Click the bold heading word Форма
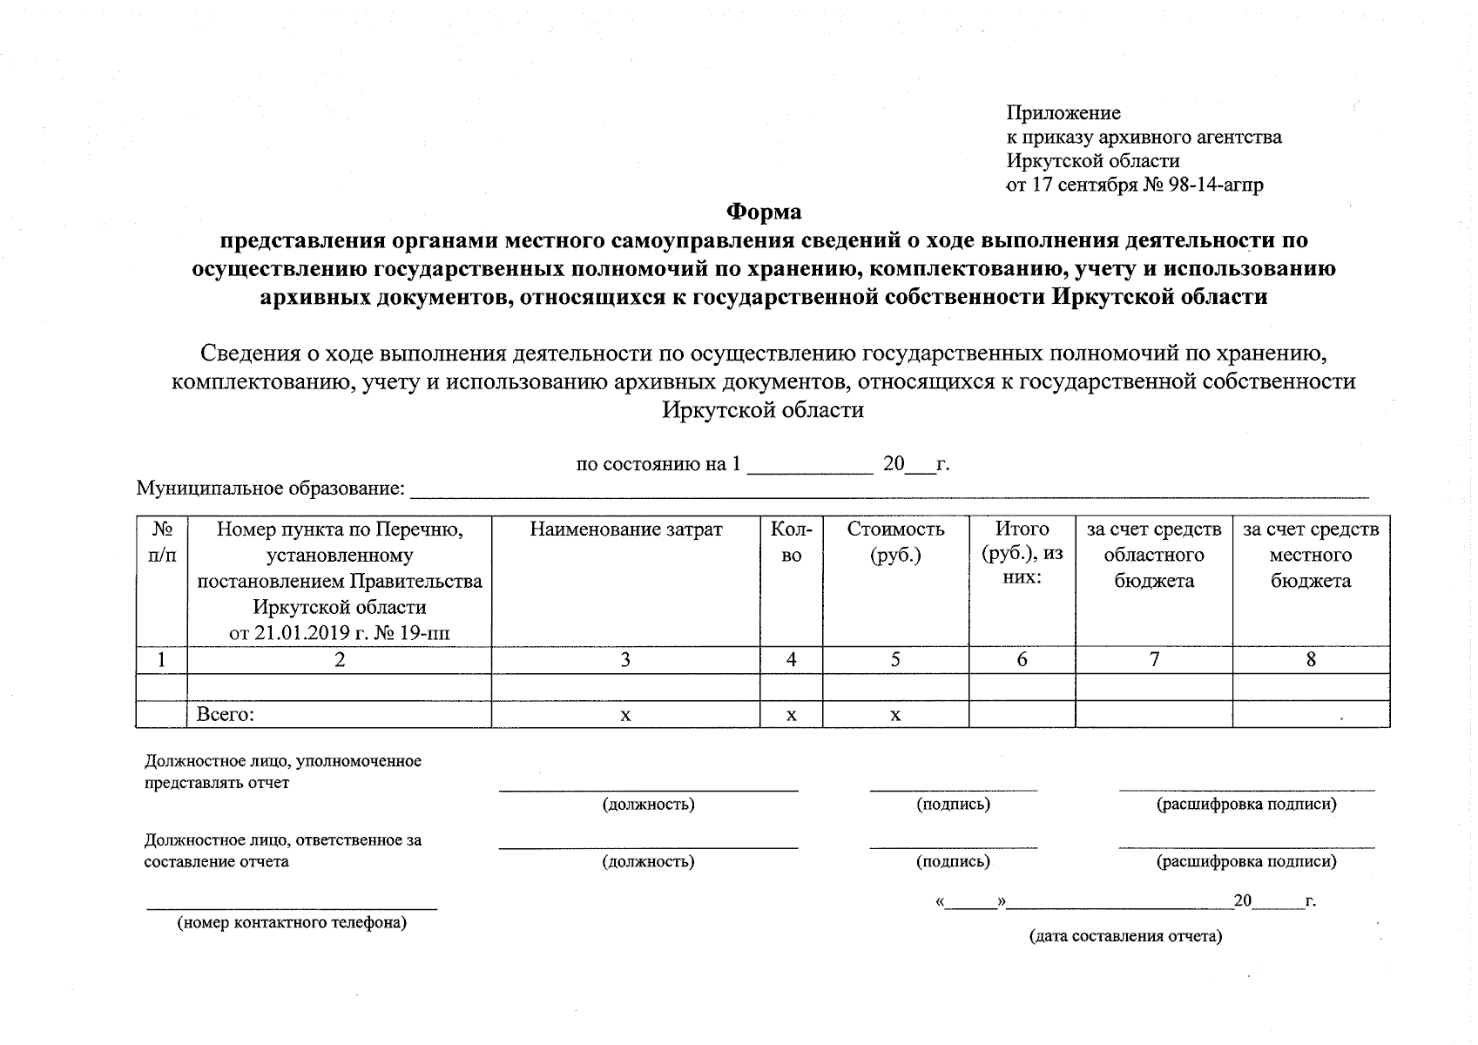click(764, 212)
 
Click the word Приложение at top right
click(1063, 112)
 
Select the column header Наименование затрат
click(625, 529)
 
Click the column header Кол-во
click(791, 542)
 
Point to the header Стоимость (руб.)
click(895, 542)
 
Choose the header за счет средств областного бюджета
click(1154, 555)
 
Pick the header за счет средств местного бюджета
click(1311, 555)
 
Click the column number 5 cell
click(895, 660)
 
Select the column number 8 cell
click(1311, 660)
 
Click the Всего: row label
click(225, 715)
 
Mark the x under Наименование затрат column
click(625, 715)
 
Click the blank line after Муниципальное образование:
click(888, 492)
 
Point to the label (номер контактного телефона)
click(292, 922)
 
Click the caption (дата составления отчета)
click(1125, 936)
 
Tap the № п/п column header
click(162, 542)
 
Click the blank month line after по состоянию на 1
click(810, 467)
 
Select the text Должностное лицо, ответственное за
click(282, 840)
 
